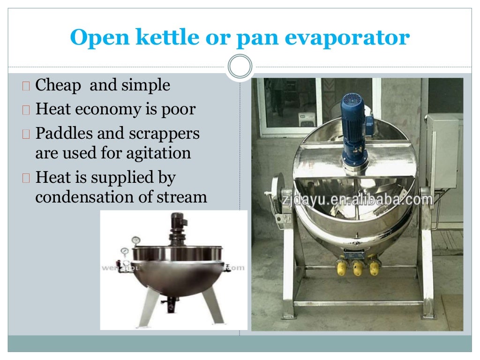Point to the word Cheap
click(59, 85)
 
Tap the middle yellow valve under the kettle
click(358, 269)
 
